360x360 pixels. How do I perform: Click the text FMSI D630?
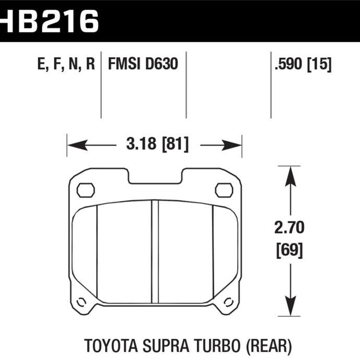(143, 64)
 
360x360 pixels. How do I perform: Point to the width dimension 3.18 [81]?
(155, 144)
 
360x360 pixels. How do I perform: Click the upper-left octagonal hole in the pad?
(85, 190)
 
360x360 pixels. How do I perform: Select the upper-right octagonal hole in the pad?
(224, 190)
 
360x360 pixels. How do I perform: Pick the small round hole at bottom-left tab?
(81, 301)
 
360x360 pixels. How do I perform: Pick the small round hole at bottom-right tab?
(229, 301)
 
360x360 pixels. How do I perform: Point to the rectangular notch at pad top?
(155, 176)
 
